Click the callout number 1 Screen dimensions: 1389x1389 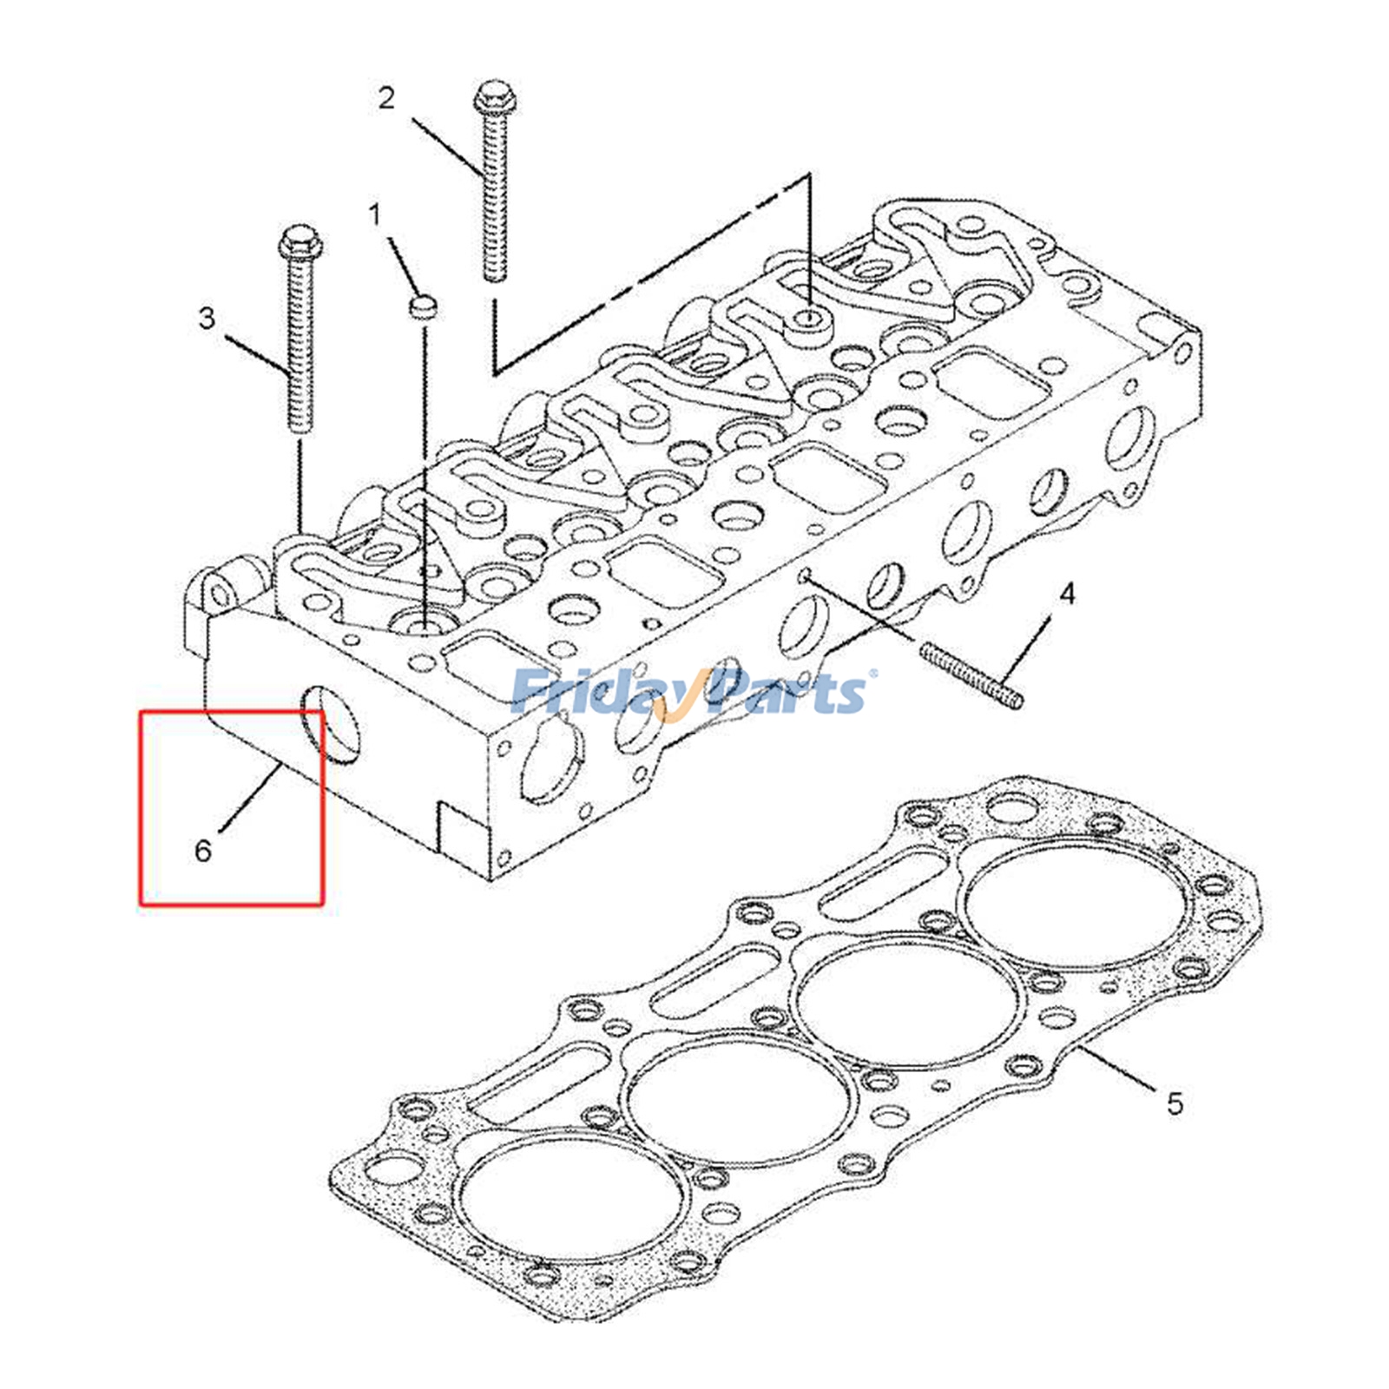point(375,214)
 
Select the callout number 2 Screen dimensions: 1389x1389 point(386,97)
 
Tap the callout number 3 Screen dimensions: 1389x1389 point(207,318)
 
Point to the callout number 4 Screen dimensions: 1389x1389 point(1067,594)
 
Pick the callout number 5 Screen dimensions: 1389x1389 point(1174,1104)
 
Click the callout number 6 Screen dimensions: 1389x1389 point(203,850)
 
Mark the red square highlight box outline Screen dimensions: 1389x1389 point(141,807)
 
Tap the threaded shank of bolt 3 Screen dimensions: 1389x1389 point(299,347)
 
